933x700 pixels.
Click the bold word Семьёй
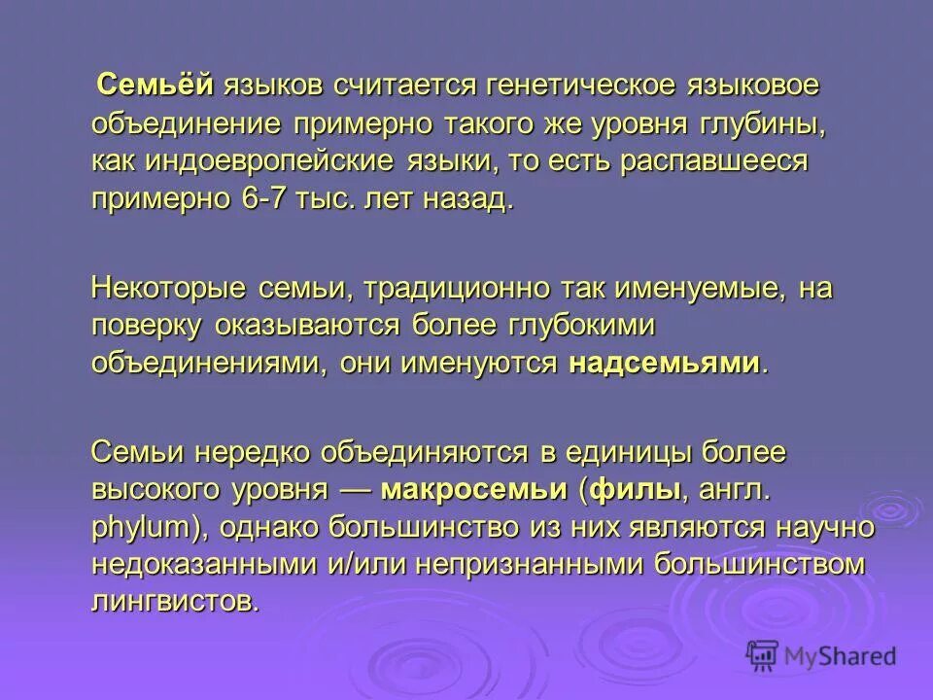(x=155, y=86)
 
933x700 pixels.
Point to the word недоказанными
(x=200, y=564)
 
